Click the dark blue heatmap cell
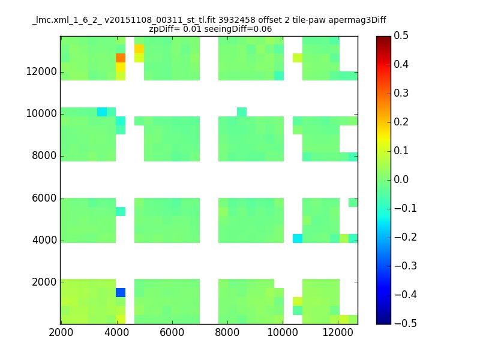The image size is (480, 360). pos(121,292)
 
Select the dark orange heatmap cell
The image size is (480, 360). pos(121,58)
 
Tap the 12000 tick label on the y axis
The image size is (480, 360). pos(41,71)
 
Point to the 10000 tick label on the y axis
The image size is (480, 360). pos(41,113)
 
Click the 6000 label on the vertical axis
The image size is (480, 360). pos(44,198)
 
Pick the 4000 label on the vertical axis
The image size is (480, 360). pos(44,240)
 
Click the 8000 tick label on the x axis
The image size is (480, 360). pos(227,332)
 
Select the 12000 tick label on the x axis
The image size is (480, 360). pos(338,332)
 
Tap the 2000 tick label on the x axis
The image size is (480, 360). pos(61,332)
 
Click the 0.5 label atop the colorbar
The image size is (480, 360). pos(401,35)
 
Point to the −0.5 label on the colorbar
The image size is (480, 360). pos(406,323)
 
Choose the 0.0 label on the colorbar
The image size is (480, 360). pos(401,179)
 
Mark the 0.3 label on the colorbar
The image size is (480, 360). pos(401,93)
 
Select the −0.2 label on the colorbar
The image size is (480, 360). pos(406,237)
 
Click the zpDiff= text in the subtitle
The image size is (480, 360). pos(164,29)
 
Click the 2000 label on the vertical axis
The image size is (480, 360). pos(44,282)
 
